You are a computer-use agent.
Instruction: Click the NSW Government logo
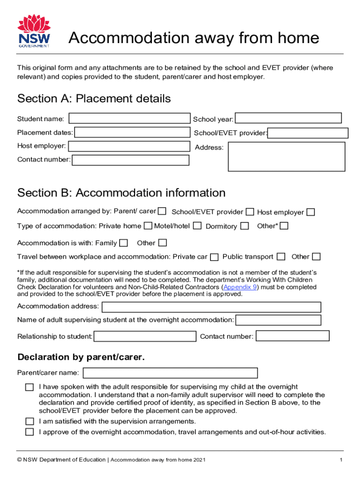(x=34, y=31)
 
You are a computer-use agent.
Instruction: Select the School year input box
(x=288, y=119)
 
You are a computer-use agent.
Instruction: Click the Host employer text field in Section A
(x=129, y=146)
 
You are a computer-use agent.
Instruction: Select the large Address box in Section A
(x=286, y=157)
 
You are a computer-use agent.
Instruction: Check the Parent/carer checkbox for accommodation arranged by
(x=162, y=211)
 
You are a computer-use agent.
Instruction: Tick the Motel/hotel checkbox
(x=197, y=226)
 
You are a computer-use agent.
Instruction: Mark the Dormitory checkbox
(x=245, y=226)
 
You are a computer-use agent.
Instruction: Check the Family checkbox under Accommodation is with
(x=123, y=243)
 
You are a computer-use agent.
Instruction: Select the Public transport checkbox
(x=281, y=257)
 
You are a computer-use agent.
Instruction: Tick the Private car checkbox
(x=214, y=257)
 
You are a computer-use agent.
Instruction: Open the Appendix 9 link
(x=240, y=287)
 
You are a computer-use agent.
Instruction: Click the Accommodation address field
(x=211, y=307)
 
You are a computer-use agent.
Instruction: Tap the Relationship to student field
(x=145, y=336)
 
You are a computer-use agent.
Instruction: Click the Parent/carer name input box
(x=170, y=373)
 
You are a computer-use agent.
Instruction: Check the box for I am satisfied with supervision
(x=29, y=421)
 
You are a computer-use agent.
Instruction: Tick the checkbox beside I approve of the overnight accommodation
(x=29, y=432)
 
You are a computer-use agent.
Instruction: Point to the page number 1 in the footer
(x=341, y=460)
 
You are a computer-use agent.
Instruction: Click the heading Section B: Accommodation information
(x=121, y=193)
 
